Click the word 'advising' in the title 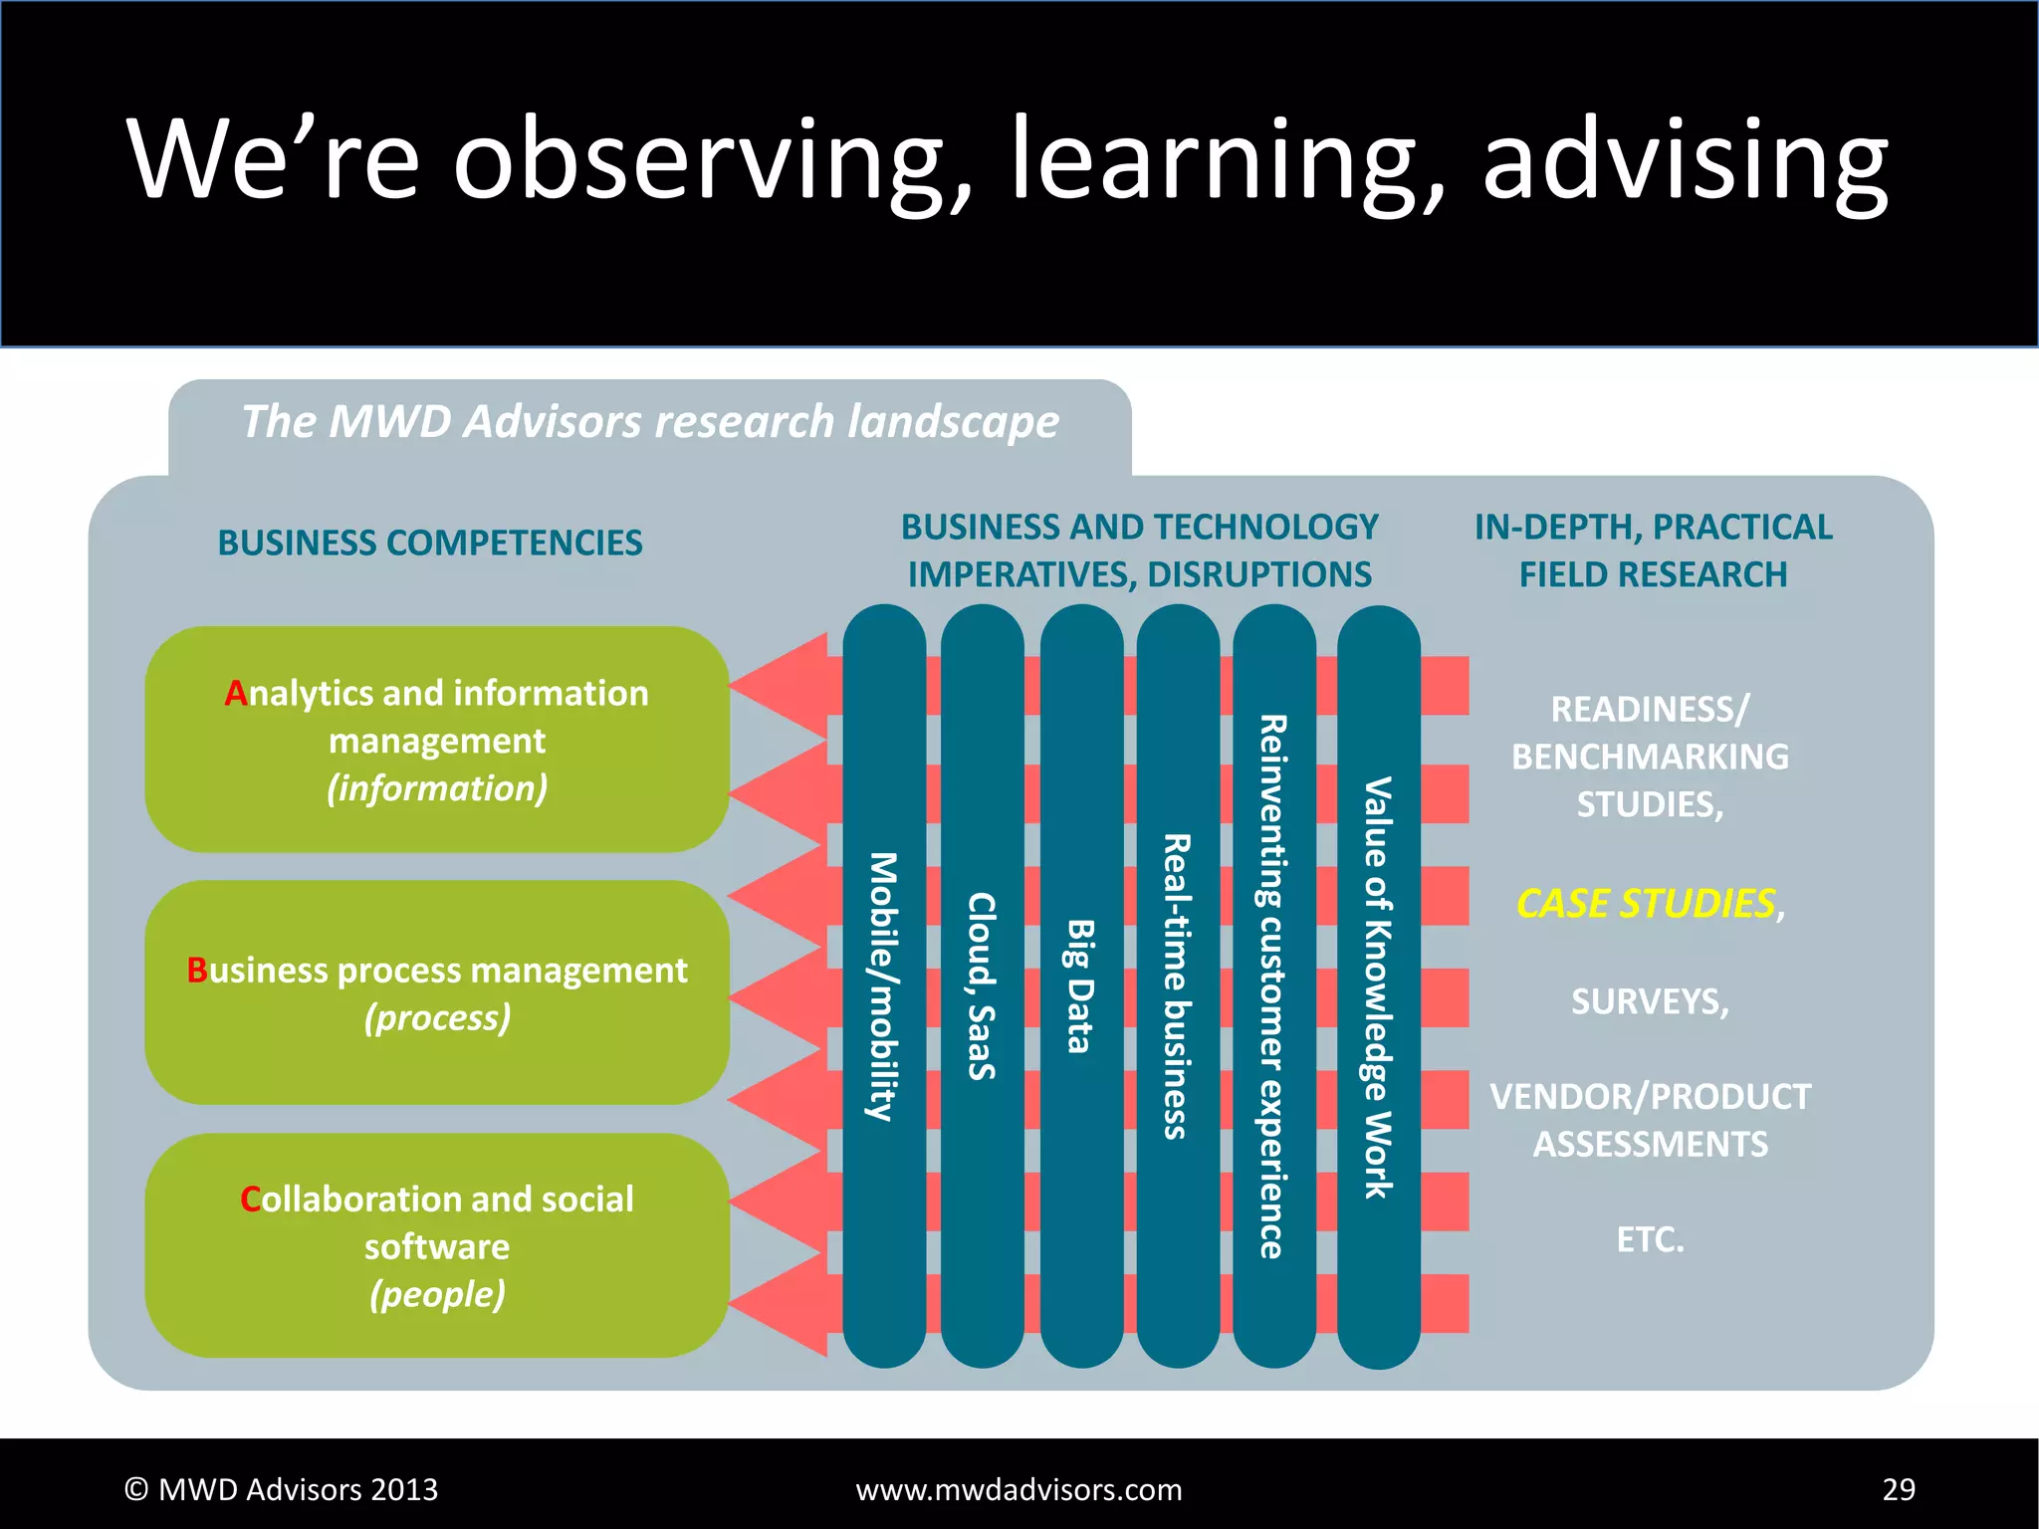pos(1685,159)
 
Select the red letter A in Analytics pos(235,693)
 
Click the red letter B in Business pos(197,970)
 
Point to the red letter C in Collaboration pos(250,1199)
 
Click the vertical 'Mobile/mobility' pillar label pos(883,985)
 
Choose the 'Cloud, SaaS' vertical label pos(982,985)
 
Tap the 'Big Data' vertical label pos(1080,985)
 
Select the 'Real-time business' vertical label pos(1177,985)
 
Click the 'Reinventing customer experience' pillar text pos(1272,985)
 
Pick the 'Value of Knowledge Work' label pos(1377,985)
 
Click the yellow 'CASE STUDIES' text pos(1645,904)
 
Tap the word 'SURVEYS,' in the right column pos(1650,1001)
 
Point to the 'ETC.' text pos(1650,1239)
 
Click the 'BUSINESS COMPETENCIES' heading pos(430,543)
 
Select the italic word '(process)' pos(437,1017)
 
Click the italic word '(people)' pos(437,1294)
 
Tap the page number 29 pos(1899,1489)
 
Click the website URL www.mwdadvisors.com pos(1019,1489)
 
